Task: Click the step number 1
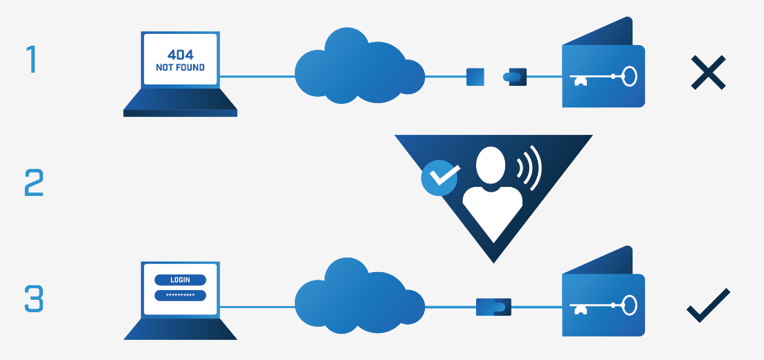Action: [32, 60]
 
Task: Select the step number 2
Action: [34, 183]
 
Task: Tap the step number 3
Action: [34, 298]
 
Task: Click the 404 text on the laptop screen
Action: [181, 55]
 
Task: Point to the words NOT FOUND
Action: [181, 68]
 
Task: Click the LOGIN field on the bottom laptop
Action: [181, 280]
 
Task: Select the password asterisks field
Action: [181, 295]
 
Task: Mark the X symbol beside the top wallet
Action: [709, 73]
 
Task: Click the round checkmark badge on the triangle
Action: [439, 178]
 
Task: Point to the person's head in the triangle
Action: [490, 165]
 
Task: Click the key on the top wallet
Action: [603, 76]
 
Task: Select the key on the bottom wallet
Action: [603, 305]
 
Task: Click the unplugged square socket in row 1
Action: [475, 77]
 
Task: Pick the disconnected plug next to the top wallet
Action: [515, 77]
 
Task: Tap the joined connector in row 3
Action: [493, 307]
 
